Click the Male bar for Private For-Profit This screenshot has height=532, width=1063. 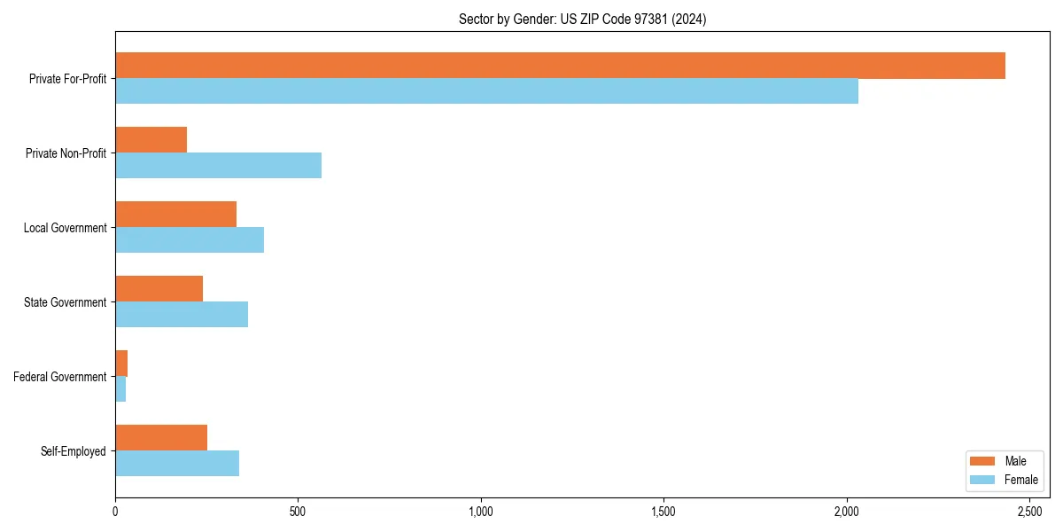click(x=560, y=66)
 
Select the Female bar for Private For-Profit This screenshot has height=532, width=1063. click(x=486, y=91)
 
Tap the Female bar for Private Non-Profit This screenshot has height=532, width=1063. click(x=218, y=166)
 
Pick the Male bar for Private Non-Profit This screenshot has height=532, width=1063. click(x=151, y=140)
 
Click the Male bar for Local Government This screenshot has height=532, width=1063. click(x=175, y=215)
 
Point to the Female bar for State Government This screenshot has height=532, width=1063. click(x=182, y=315)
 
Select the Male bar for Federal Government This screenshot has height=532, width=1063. click(x=121, y=364)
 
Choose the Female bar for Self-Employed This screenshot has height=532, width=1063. click(x=177, y=464)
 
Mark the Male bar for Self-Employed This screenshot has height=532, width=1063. click(x=161, y=438)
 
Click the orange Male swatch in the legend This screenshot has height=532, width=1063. click(x=983, y=461)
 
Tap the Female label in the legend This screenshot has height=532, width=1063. click(x=1020, y=480)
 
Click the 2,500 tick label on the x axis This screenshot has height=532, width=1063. click(x=1029, y=512)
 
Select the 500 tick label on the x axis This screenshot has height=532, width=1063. click(x=298, y=512)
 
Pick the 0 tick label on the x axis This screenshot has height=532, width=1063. click(x=115, y=512)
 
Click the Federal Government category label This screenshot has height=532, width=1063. click(x=60, y=377)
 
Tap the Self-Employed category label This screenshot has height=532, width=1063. click(x=74, y=451)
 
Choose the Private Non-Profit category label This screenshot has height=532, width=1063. click(x=66, y=153)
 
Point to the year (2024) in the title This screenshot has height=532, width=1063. click(x=689, y=19)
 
